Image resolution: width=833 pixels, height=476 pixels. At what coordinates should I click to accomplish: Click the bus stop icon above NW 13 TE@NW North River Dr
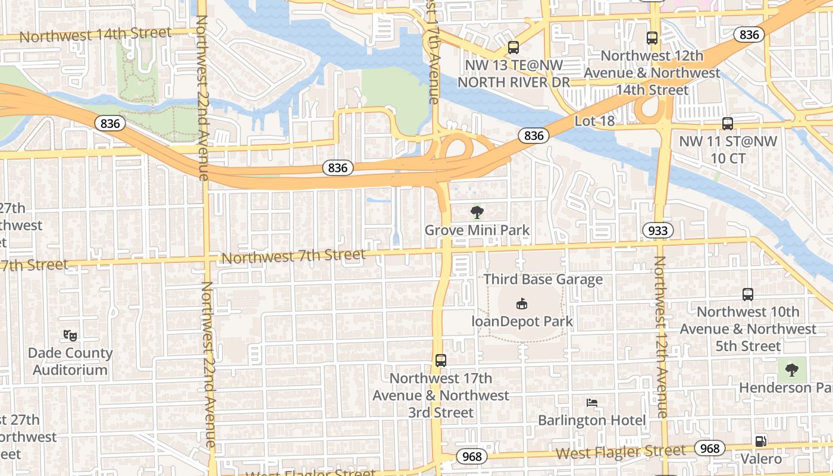513,48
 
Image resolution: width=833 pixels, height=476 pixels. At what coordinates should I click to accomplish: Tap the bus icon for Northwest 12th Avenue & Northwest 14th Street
652,38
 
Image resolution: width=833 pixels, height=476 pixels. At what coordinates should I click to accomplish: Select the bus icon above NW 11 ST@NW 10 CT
727,124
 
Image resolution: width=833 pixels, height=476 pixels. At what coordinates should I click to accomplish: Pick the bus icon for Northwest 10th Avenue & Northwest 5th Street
748,294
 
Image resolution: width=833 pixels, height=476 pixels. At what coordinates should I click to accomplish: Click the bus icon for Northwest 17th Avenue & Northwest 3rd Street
440,360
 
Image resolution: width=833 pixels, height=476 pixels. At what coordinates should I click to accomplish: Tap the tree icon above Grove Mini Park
477,212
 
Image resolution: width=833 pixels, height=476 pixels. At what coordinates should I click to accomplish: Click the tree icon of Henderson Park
791,370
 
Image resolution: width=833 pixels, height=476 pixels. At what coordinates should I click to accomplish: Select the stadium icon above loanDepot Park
522,304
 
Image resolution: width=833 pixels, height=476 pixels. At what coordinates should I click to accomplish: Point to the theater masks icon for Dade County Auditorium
70,336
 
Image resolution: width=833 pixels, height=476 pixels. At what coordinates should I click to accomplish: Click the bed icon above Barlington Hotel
591,403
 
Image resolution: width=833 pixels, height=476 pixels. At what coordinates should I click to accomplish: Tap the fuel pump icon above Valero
760,441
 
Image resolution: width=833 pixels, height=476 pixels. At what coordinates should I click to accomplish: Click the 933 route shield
657,230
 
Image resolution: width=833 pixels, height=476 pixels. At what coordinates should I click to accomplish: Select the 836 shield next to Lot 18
534,136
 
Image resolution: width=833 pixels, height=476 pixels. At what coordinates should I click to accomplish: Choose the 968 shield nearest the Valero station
710,448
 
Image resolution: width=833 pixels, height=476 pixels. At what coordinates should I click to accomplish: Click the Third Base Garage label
543,279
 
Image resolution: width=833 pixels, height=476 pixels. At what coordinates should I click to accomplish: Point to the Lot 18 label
594,121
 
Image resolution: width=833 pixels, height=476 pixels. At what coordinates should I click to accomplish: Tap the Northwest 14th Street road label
95,35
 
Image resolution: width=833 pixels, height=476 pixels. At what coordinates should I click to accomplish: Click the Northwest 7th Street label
292,256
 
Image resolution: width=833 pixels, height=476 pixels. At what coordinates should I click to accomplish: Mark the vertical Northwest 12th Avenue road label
661,336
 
